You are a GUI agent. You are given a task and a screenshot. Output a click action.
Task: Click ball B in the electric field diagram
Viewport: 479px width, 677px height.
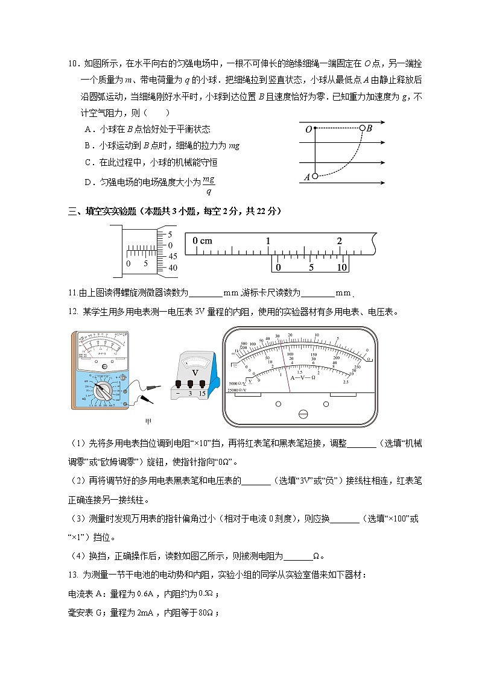point(362,128)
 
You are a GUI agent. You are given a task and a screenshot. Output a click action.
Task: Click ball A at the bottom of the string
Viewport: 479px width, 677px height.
point(315,176)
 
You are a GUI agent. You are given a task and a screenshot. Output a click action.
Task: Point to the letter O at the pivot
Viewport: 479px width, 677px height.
point(308,129)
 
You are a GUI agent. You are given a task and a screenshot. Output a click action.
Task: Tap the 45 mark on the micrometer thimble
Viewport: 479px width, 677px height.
point(173,256)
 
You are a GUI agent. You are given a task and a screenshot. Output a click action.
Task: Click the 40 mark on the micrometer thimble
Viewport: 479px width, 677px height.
point(173,267)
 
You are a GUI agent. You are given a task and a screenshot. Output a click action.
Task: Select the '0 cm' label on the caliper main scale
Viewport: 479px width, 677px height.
point(203,241)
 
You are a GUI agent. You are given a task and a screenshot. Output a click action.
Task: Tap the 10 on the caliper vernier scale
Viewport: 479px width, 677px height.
point(342,267)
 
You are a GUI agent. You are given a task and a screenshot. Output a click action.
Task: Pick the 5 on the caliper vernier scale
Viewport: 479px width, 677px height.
point(311,267)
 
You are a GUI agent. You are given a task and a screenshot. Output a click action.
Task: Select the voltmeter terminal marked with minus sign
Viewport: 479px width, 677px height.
point(179,393)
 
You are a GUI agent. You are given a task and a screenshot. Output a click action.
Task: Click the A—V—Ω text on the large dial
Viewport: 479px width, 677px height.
point(303,377)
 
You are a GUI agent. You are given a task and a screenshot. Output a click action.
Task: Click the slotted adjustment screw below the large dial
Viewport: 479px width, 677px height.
point(303,414)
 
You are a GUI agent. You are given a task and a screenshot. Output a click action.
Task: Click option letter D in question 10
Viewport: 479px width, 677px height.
point(88,181)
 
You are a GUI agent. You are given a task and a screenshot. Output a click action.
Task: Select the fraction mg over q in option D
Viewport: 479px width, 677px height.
point(209,186)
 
